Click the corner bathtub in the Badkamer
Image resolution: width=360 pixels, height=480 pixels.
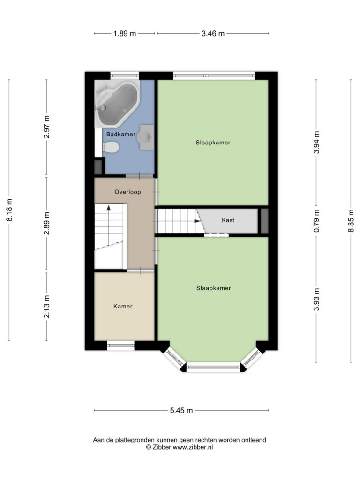(117, 104)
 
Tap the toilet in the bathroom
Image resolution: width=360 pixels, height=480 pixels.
(110, 147)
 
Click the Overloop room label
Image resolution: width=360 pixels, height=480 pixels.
(127, 192)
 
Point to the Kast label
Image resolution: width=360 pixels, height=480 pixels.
(228, 220)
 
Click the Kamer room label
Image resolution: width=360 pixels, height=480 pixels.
(123, 306)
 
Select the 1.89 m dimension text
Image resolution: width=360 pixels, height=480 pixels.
(125, 33)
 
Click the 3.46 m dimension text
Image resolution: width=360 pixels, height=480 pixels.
(213, 33)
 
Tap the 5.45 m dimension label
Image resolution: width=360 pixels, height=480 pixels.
(181, 410)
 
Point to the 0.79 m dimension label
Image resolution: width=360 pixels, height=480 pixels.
(316, 221)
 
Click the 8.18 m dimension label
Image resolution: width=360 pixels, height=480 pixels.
(9, 210)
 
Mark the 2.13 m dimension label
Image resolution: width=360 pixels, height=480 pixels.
(46, 307)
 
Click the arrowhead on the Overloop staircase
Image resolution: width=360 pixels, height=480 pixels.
(108, 208)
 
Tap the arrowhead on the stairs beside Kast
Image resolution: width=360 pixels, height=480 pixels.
(197, 221)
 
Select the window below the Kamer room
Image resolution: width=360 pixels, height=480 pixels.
(120, 345)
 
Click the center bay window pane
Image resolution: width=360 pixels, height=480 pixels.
(213, 367)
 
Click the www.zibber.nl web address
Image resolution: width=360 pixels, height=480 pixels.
(193, 447)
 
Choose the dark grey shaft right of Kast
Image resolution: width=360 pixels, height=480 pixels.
(264, 221)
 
